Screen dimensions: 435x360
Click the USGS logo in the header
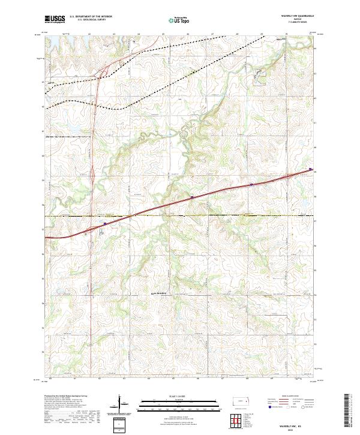55,19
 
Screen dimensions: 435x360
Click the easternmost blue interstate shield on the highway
310,169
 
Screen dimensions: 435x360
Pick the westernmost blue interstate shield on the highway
104,223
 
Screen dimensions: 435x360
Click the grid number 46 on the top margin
188,34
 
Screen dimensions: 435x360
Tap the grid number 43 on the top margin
113,34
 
